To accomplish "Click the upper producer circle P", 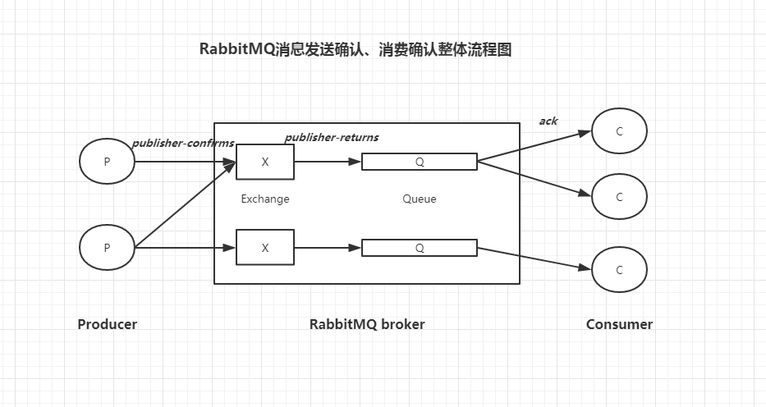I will pos(107,162).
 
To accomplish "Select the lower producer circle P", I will pos(107,247).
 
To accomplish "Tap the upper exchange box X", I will pos(264,162).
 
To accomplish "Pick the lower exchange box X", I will pos(264,247).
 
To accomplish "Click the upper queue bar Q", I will pos(419,162).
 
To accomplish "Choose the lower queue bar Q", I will pos(419,247).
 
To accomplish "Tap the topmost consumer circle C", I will pos(619,131).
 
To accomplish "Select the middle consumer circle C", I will pos(619,197).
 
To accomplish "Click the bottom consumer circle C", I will pos(619,270).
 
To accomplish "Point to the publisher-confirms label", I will pos(182,143).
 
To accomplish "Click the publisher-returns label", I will pos(332,137).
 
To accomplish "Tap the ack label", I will pos(548,121).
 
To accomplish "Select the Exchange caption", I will pos(264,199).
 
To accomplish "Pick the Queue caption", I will pos(419,199).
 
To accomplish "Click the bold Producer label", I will pos(107,324).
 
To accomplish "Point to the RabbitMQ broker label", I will pos(367,324).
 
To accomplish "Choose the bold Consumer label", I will pos(619,324).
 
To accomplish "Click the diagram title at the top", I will pos(355,49).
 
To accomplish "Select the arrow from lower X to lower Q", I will pos(328,247).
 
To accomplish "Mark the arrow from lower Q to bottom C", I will pos(534,258).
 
